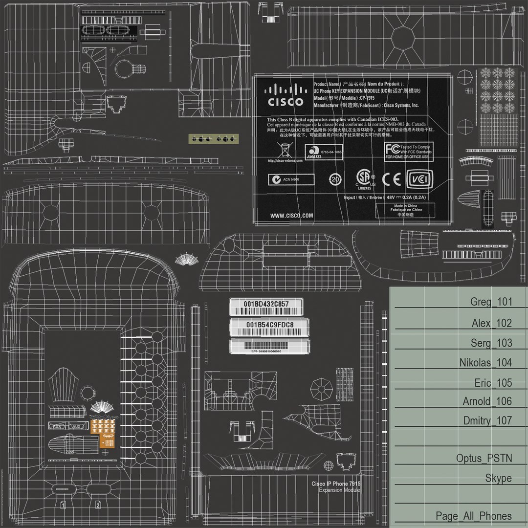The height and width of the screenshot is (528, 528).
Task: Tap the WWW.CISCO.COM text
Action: point(292,216)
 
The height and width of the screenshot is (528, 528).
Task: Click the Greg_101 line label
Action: point(491,302)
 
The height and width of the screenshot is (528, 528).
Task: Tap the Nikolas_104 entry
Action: point(485,362)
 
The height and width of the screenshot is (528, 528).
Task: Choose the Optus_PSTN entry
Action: point(484,459)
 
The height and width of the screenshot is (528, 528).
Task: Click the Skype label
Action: point(498,478)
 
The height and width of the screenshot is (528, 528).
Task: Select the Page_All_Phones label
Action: point(473,516)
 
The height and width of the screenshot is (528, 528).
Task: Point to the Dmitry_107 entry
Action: point(487,420)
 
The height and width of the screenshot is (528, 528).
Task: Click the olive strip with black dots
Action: point(212,139)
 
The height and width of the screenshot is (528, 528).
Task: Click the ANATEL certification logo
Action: point(316,152)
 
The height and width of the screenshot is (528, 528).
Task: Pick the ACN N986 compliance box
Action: point(290,179)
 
